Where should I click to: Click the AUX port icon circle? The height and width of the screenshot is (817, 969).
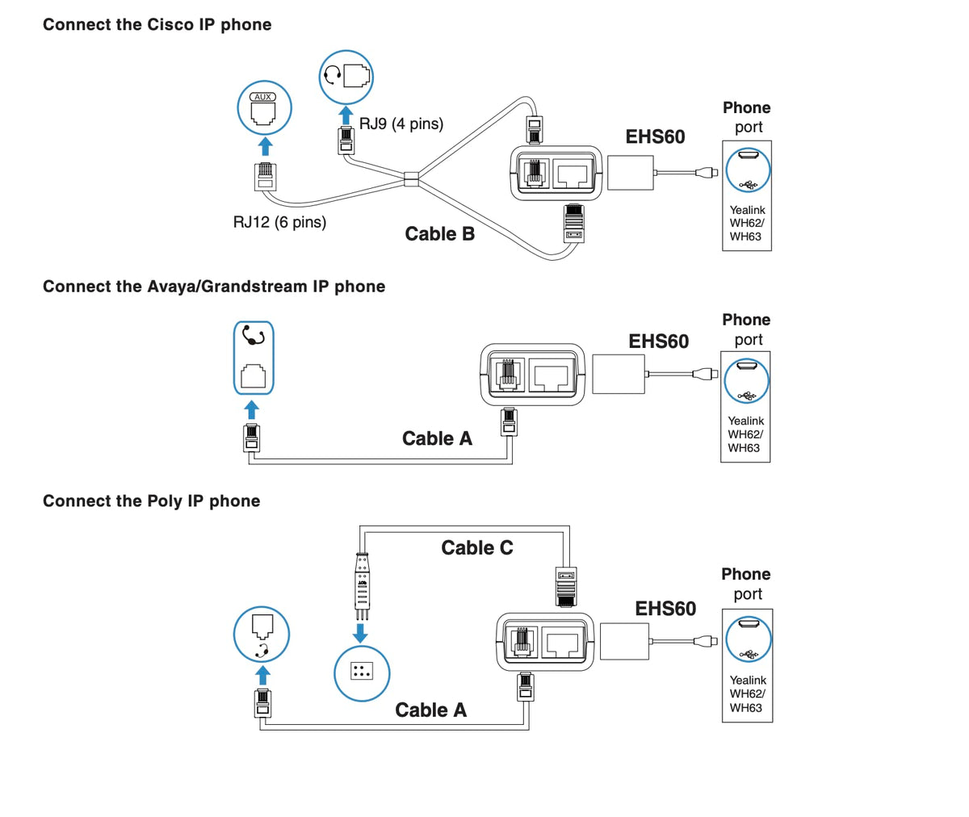[264, 107]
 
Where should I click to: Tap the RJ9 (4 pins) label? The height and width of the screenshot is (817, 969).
[401, 124]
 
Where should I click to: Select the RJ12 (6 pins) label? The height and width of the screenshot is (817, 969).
[279, 222]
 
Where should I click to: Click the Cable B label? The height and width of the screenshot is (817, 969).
[439, 234]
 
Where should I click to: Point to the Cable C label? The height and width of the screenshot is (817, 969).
[476, 548]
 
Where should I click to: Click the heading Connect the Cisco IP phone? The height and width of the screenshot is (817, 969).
[157, 25]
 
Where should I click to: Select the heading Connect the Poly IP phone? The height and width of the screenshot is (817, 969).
[151, 501]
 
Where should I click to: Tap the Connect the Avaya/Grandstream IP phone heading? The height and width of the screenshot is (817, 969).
[213, 287]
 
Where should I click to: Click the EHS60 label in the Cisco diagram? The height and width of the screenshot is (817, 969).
[655, 137]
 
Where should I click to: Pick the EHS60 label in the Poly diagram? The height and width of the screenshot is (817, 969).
[665, 609]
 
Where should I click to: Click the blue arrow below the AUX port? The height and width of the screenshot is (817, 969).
[264, 146]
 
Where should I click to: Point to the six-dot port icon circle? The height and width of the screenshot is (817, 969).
[362, 672]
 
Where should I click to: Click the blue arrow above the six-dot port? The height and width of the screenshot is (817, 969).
[361, 632]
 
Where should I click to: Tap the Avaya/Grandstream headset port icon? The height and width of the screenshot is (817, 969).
[254, 358]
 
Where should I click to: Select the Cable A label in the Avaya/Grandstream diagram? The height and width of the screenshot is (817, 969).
[437, 439]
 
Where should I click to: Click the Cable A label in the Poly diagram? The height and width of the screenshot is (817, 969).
[430, 710]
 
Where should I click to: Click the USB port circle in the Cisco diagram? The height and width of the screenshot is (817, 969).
[748, 170]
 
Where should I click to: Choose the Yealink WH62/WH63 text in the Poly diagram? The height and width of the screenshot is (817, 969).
[747, 694]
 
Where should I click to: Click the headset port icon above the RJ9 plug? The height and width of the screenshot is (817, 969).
[346, 76]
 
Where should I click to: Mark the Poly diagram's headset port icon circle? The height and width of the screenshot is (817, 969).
[262, 635]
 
